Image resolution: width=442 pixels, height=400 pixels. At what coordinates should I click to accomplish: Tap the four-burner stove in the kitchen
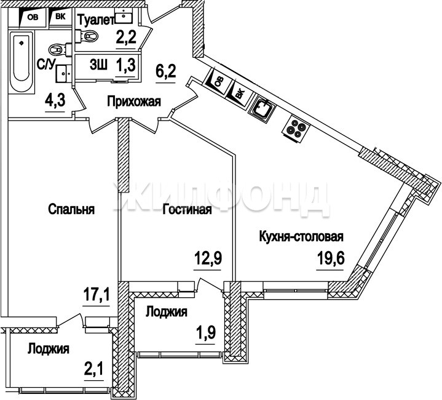coord(296,129)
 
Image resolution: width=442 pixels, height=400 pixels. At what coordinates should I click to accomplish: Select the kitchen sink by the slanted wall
coord(262,108)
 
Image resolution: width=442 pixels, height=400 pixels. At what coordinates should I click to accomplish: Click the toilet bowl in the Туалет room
coord(91,36)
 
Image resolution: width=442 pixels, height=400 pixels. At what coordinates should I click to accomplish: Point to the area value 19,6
coord(330,258)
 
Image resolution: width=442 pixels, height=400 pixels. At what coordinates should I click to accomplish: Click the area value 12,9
coord(208,258)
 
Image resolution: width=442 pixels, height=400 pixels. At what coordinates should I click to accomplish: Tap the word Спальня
coord(71,209)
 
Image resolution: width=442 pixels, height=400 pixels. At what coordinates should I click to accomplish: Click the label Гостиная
coord(187,210)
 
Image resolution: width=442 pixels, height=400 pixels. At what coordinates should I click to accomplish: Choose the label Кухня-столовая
coord(301,236)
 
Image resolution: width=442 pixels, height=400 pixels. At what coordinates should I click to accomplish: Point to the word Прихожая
coord(134,102)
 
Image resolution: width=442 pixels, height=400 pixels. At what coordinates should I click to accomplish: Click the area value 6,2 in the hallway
coord(166,71)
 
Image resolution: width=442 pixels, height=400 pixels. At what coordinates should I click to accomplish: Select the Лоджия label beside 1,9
coord(167,312)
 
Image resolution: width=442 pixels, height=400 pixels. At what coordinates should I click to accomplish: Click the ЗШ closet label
coord(98,65)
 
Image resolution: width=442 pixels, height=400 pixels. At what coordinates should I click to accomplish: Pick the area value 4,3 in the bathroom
coord(55,100)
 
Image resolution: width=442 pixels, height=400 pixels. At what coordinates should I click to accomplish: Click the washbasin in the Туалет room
coord(124,15)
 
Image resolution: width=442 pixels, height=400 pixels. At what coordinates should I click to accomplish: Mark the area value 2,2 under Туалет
coord(126,38)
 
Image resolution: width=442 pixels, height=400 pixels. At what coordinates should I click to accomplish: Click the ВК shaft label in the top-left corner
coord(60,17)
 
